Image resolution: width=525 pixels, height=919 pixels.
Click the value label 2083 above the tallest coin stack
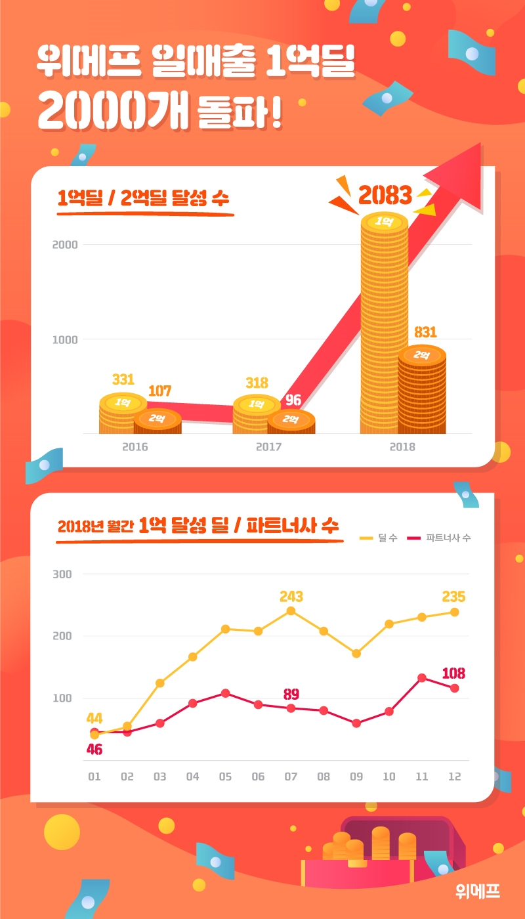click(x=385, y=195)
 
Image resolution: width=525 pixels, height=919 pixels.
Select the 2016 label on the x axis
click(x=135, y=447)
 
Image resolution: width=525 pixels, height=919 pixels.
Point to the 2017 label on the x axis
click(x=268, y=447)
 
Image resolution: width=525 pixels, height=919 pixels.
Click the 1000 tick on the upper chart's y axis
click(x=65, y=339)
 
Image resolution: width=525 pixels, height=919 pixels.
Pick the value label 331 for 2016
click(x=123, y=379)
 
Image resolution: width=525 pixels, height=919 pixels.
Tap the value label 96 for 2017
click(x=293, y=400)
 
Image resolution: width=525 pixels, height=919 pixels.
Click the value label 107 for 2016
click(x=159, y=391)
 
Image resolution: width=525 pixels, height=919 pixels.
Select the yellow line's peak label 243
click(x=291, y=597)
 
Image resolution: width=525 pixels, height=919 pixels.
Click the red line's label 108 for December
click(x=453, y=673)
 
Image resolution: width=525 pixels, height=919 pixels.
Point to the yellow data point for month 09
click(x=356, y=653)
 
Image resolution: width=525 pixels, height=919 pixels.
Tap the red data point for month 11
click(x=422, y=677)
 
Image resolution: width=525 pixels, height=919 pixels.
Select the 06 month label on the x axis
click(x=258, y=777)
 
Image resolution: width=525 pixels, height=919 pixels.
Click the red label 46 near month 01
click(x=94, y=750)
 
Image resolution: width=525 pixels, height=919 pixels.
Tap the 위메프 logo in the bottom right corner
click(x=478, y=891)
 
